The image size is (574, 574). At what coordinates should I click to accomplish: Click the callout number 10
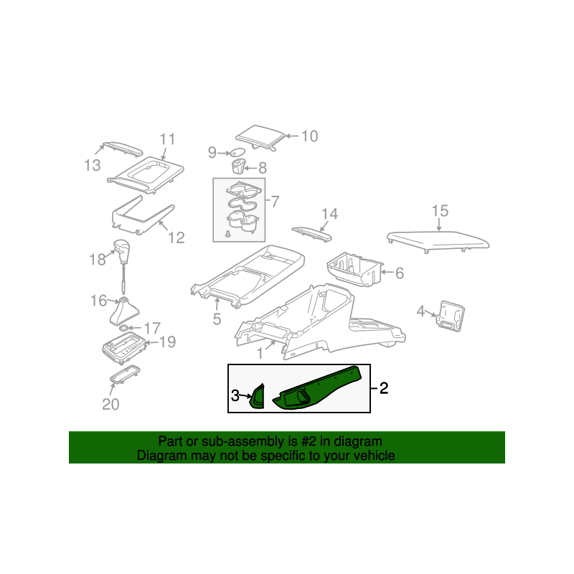point(310,136)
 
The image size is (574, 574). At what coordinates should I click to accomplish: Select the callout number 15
point(440,211)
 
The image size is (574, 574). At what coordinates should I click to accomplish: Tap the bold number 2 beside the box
point(384,388)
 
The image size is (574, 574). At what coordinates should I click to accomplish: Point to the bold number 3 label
point(235,395)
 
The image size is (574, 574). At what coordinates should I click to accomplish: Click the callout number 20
point(110,405)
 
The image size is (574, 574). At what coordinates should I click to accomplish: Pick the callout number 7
point(276,202)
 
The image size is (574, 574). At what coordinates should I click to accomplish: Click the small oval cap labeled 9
point(237,152)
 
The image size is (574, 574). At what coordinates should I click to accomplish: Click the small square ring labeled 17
point(124,328)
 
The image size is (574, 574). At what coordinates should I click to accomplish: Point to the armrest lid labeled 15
point(438,242)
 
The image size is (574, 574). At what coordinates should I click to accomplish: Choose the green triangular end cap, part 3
point(258,396)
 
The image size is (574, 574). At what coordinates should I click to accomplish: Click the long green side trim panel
point(317,389)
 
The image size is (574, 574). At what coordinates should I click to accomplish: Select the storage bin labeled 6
point(354,270)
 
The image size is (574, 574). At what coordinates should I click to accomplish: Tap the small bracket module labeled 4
point(451,316)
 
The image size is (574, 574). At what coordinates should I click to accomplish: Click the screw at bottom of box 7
point(227,234)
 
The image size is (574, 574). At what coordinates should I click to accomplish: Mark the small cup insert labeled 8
point(239,166)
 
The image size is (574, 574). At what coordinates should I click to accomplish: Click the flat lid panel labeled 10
point(260,138)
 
